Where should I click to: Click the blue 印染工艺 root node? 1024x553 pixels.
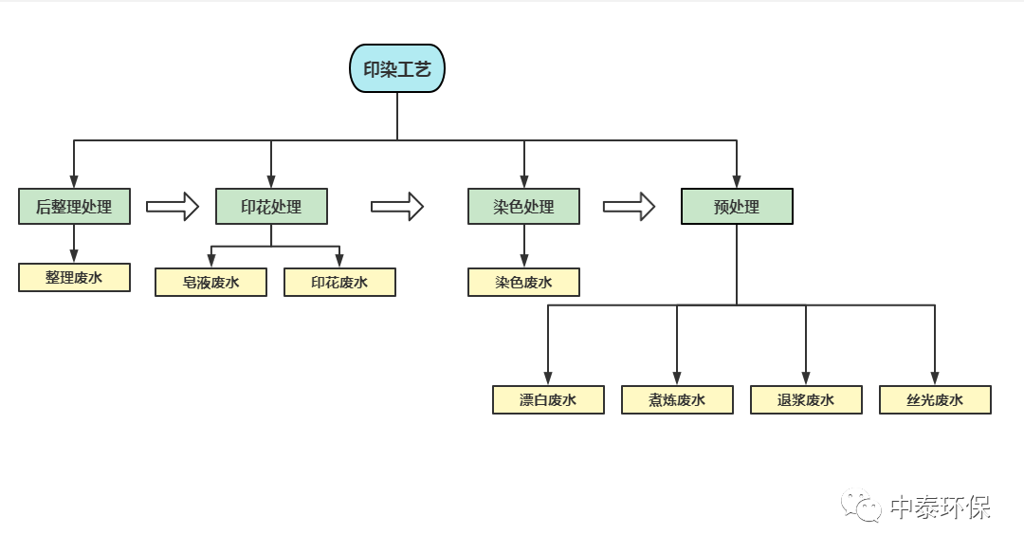coord(397,68)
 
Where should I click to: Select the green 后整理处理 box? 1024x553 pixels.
coord(74,206)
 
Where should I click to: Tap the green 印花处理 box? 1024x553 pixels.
coord(271,206)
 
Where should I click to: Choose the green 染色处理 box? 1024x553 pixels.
coord(523,206)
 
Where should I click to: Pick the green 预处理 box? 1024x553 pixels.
coord(737,206)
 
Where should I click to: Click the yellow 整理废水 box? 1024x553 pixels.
coord(74,277)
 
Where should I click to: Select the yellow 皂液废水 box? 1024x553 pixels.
coord(210,282)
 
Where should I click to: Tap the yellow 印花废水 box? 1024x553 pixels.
coord(339,282)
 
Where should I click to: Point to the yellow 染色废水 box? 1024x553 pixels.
coord(523,282)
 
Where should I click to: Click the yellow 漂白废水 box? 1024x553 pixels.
coord(548,399)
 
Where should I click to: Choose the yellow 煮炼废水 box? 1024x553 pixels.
coord(677,399)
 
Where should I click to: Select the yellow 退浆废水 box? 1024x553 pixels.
coord(806,399)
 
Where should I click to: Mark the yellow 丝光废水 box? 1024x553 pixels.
coord(935,399)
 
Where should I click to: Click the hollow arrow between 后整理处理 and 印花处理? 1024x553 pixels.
coord(173,206)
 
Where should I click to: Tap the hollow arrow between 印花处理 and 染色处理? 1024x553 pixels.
coord(396,206)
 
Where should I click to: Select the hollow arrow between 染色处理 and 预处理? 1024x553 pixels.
coord(629,206)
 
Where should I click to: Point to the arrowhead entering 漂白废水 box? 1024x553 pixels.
coord(548,378)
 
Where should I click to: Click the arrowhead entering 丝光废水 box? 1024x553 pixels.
coord(935,378)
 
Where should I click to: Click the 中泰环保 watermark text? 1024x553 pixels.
coord(940,507)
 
